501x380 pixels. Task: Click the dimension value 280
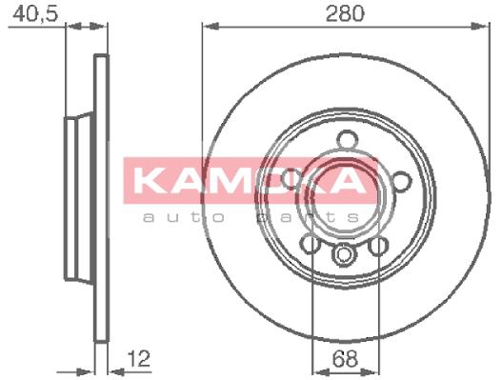pyautogui.click(x=345, y=13)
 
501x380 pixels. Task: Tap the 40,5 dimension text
pyautogui.click(x=35, y=14)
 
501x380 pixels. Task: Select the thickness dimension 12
pyautogui.click(x=139, y=359)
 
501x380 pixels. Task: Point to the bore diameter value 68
pyautogui.click(x=345, y=359)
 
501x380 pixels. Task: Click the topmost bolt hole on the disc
pyautogui.click(x=348, y=140)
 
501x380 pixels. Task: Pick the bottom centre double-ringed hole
pyautogui.click(x=344, y=254)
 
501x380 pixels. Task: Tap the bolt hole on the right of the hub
pyautogui.click(x=402, y=181)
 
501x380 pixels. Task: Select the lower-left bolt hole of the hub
pyautogui.click(x=311, y=244)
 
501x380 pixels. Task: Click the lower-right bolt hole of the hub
pyautogui.click(x=378, y=247)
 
